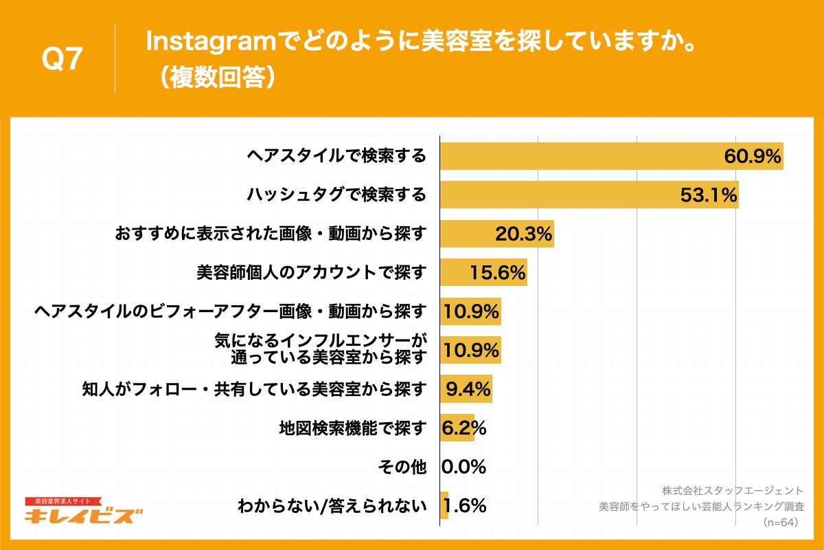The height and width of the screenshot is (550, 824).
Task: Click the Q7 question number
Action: [x=62, y=60]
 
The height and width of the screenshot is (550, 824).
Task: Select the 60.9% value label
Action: [x=753, y=157]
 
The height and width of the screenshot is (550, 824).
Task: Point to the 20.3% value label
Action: [x=524, y=234]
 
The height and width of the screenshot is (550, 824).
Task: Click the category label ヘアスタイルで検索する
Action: [x=336, y=156]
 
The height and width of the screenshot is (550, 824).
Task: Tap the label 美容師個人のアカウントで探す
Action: [x=311, y=273]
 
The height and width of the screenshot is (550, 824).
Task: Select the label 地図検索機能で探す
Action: [x=352, y=428]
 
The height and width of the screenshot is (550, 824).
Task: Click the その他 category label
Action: [x=402, y=467]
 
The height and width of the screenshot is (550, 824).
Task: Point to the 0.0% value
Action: [x=463, y=467]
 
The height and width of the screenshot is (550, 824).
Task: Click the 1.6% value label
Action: [x=465, y=507]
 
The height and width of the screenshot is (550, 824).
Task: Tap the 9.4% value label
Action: [x=468, y=390]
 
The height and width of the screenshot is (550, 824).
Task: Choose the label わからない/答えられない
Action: [x=332, y=507]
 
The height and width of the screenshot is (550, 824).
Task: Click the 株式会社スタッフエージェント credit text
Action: [x=732, y=491]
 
